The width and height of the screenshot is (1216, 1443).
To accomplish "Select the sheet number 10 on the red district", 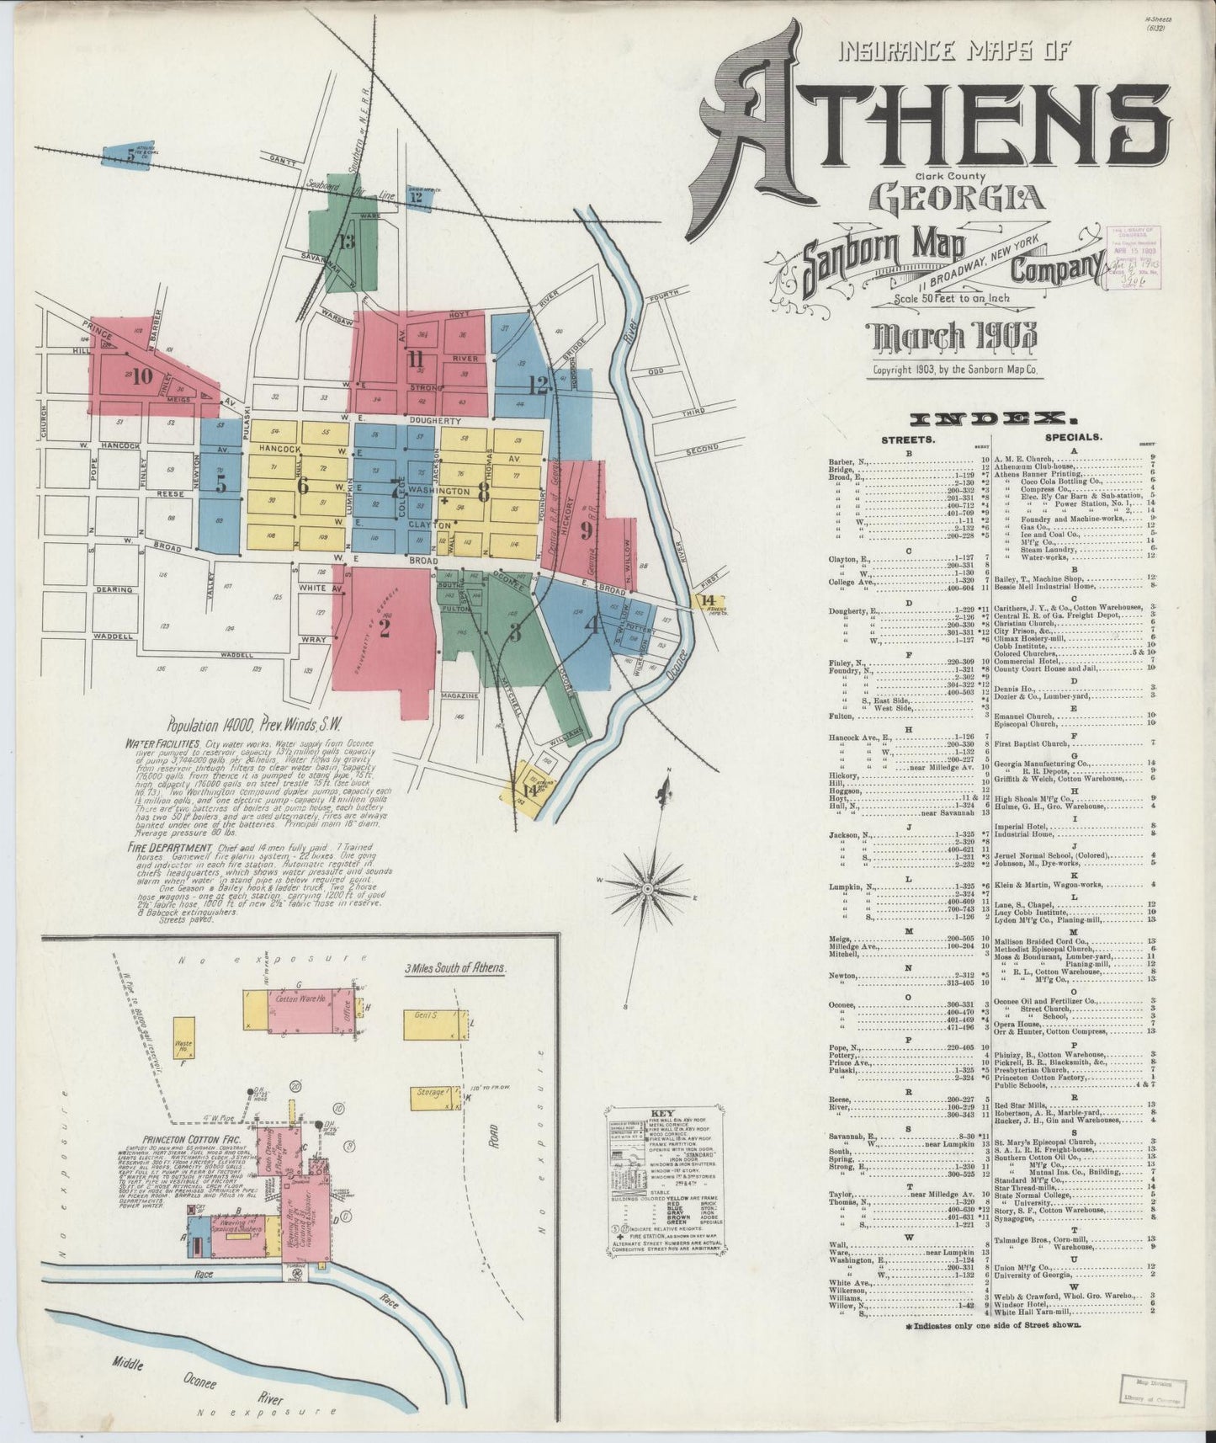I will pos(142,375).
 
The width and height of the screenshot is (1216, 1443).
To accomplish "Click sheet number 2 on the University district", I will pos(385,627).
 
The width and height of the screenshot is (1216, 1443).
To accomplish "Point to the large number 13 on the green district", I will pos(346,242).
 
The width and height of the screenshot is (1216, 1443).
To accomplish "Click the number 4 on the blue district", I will pos(592,625).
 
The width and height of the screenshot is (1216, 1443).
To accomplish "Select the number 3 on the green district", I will pos(516,633).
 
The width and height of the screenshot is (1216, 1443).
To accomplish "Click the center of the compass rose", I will pos(649,889).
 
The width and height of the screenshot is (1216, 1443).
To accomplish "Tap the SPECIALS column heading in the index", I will pos(1073,438).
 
